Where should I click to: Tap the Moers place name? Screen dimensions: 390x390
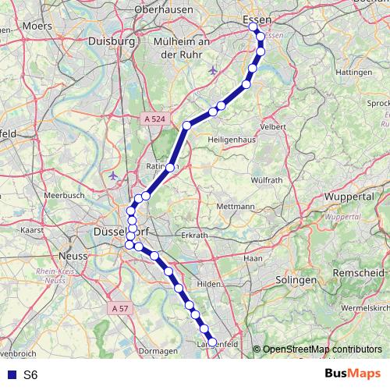[x=37, y=26]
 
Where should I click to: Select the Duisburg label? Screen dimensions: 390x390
[x=112, y=41]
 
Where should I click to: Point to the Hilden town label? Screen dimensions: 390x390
[x=209, y=285]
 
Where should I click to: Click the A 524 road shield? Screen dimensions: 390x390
[x=154, y=119]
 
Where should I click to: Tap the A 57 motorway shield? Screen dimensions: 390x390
[x=119, y=308]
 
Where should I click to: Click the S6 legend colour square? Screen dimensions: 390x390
[x=9, y=374]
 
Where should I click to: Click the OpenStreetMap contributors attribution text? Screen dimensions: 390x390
[x=321, y=349]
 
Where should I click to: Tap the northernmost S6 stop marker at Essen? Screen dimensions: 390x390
[x=253, y=27]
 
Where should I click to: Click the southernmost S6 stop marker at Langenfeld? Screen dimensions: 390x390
[x=212, y=342]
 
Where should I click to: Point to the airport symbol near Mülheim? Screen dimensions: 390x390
[x=214, y=71]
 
